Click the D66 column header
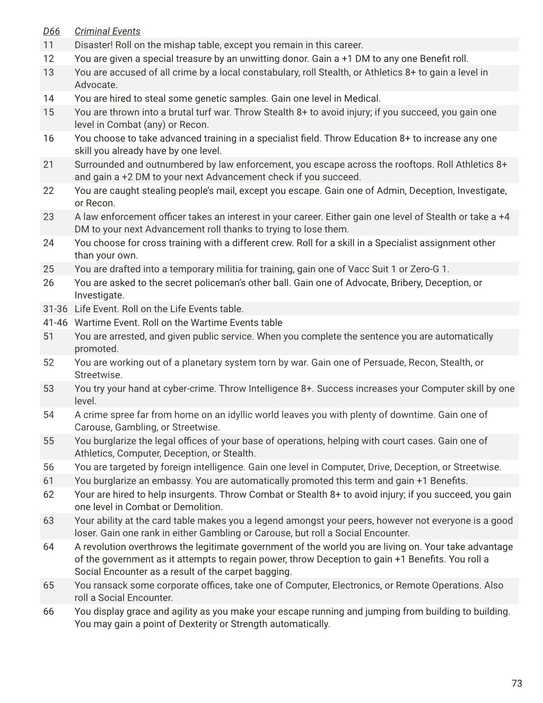point(51,31)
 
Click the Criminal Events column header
point(107,31)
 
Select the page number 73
point(516,683)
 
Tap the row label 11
point(48,45)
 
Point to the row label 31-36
point(55,309)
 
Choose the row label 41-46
point(55,323)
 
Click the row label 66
point(48,611)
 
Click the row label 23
point(48,216)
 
